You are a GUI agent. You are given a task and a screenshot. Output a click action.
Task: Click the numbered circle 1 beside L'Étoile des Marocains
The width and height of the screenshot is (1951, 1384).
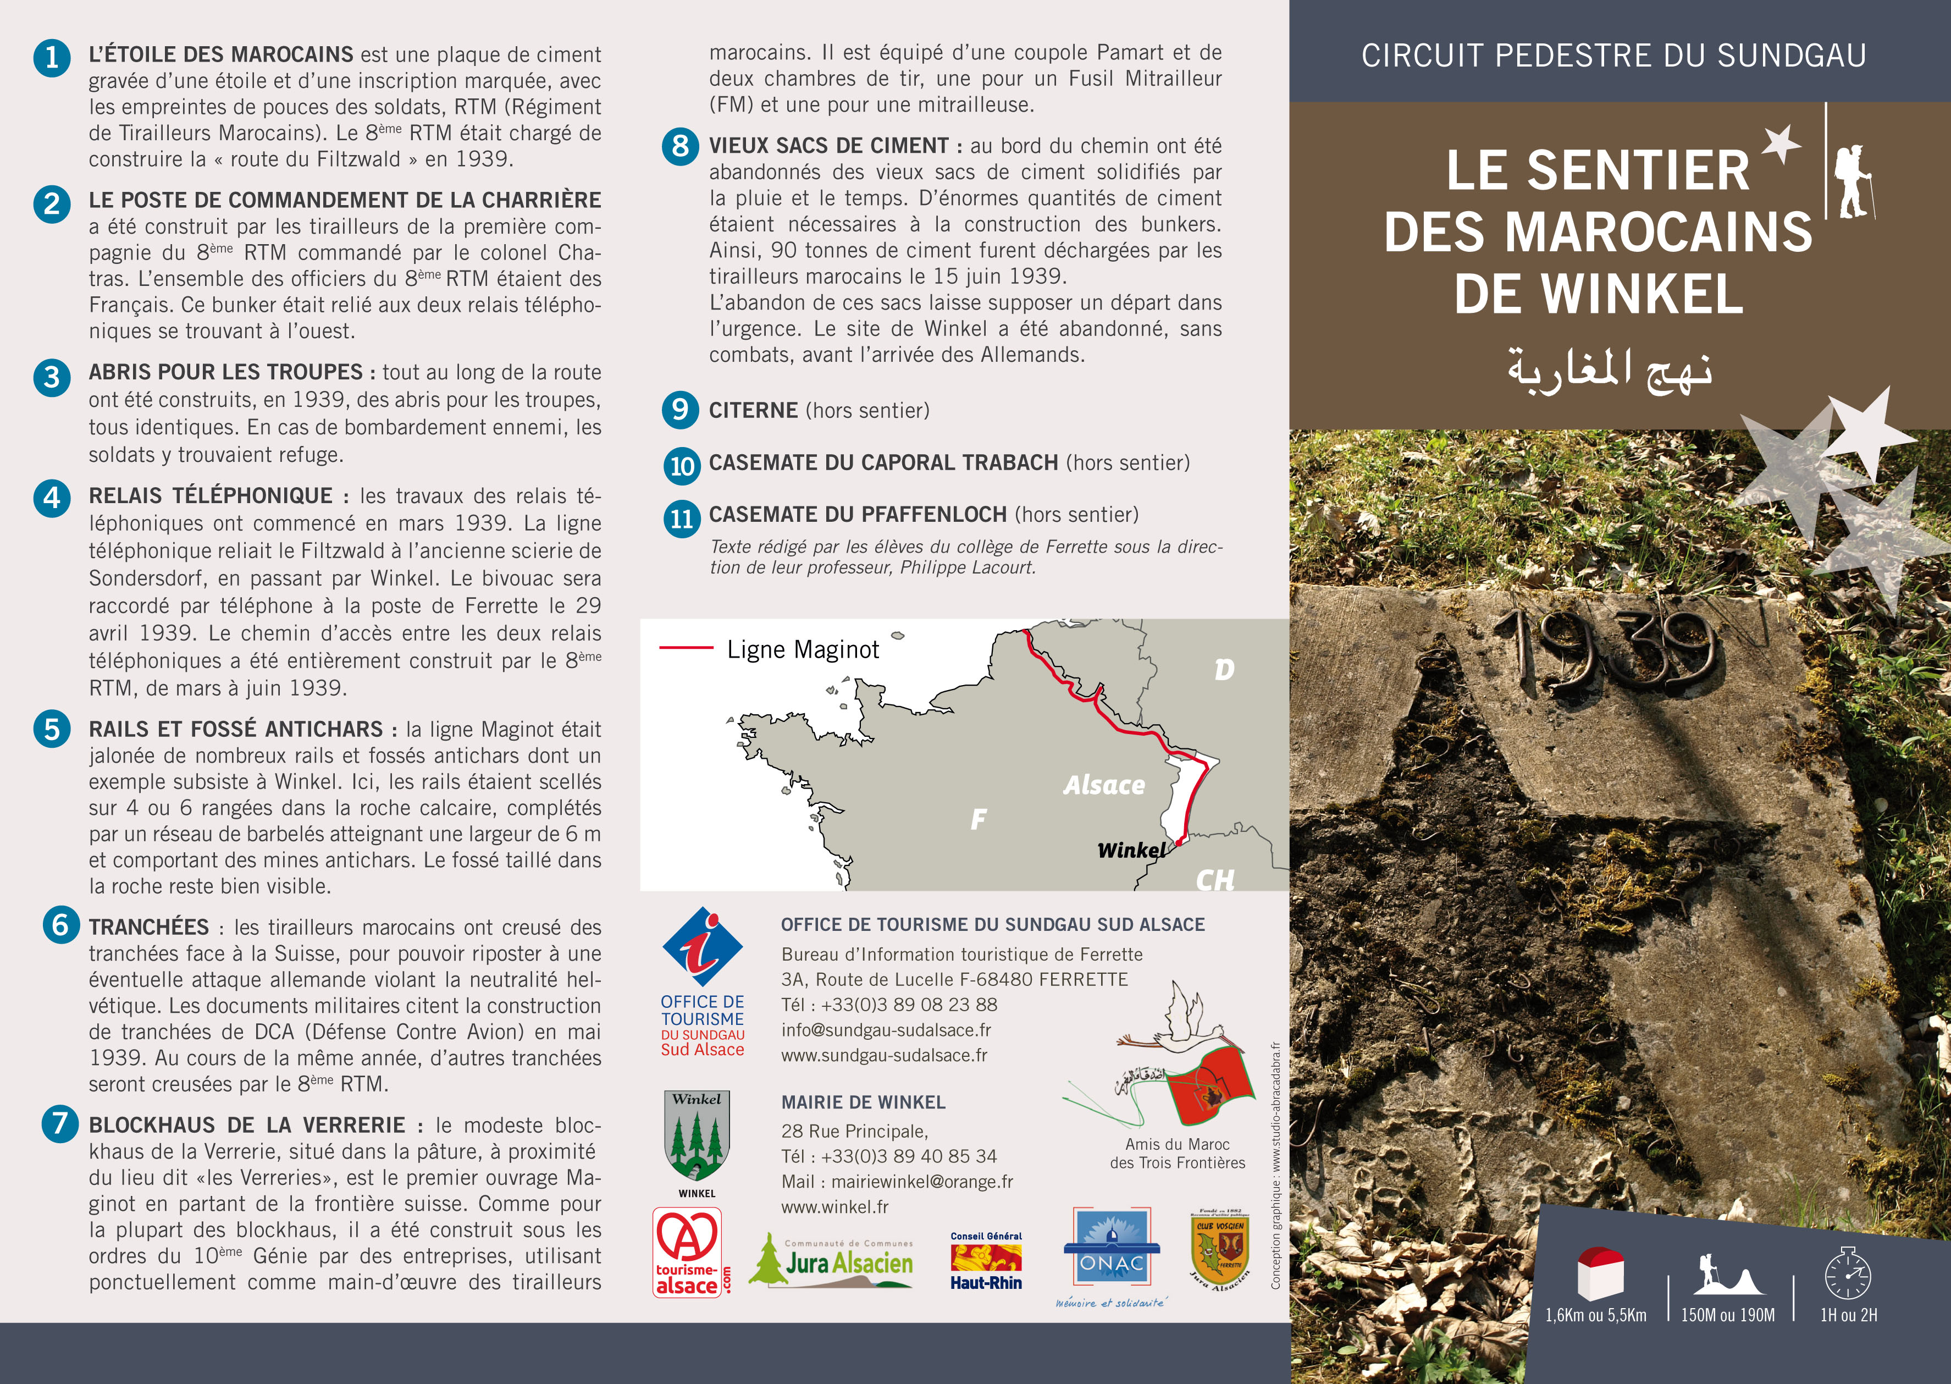[x=52, y=58]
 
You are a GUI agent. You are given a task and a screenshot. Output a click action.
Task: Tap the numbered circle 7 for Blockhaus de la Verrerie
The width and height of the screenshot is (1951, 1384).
[x=59, y=1124]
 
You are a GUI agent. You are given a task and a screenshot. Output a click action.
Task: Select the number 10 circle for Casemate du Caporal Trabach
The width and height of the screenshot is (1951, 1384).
[x=682, y=465]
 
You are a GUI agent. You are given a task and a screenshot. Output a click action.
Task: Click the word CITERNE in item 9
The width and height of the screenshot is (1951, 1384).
[x=753, y=411]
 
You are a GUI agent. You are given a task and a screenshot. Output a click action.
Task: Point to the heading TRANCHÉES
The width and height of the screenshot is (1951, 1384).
[x=149, y=927]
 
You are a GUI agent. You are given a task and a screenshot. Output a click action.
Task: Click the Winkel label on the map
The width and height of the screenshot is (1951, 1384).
[x=1131, y=850]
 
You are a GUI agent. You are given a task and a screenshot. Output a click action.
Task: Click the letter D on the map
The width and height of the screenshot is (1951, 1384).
[x=1224, y=670]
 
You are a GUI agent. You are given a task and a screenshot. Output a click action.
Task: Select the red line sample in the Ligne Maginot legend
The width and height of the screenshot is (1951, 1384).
[x=686, y=648]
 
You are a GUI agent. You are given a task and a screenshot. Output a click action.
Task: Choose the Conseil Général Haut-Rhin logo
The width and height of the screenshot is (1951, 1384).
[x=987, y=1260]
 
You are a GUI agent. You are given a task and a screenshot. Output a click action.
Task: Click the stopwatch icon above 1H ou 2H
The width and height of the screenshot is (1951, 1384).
[x=1848, y=1274]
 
